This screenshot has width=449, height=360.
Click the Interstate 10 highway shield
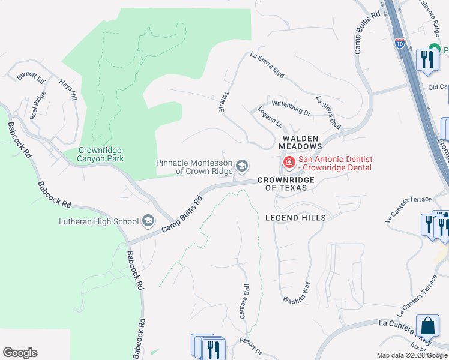400,43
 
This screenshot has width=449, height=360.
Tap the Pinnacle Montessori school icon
243,166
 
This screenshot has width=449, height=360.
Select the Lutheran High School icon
148,221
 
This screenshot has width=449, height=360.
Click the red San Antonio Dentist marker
289,162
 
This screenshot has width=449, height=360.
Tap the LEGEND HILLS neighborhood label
295,217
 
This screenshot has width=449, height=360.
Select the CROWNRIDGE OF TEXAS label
283,184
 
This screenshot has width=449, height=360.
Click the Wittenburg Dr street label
291,108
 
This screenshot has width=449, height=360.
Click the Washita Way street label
297,291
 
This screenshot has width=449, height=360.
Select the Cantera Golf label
244,301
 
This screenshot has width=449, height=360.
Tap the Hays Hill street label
68,89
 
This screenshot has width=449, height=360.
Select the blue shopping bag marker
428,326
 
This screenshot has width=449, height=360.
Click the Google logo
20,353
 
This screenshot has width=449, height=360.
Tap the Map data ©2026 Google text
412,355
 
